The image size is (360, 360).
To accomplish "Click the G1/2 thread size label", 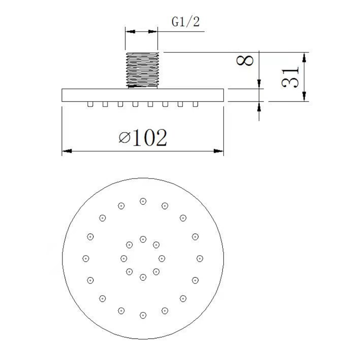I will pyautogui.click(x=185, y=22).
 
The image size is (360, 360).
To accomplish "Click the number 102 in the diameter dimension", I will pyautogui.click(x=150, y=137).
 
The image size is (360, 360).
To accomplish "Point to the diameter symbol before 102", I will pyautogui.click(x=125, y=138).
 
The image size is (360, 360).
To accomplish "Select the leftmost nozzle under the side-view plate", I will pyautogui.click(x=90, y=104).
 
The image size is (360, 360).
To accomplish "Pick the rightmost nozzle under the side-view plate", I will pyautogui.click(x=195, y=104).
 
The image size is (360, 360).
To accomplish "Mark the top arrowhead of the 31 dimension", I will pyautogui.click(x=305, y=57).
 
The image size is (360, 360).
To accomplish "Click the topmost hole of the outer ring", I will pyautogui.click(x=143, y=201).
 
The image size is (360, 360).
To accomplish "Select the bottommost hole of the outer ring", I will pyautogui.click(x=143, y=315).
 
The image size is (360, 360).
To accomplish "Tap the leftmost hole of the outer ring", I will pyautogui.click(x=85, y=258).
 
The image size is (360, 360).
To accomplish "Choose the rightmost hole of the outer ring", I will pyautogui.click(x=200, y=258).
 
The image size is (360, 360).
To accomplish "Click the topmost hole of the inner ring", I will pyautogui.click(x=143, y=238).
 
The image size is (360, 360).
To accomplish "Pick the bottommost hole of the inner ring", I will pyautogui.click(x=143, y=277).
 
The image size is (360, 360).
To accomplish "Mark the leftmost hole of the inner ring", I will pyautogui.click(x=123, y=258).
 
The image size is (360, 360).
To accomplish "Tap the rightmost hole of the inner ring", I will pyautogui.click(x=162, y=258).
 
